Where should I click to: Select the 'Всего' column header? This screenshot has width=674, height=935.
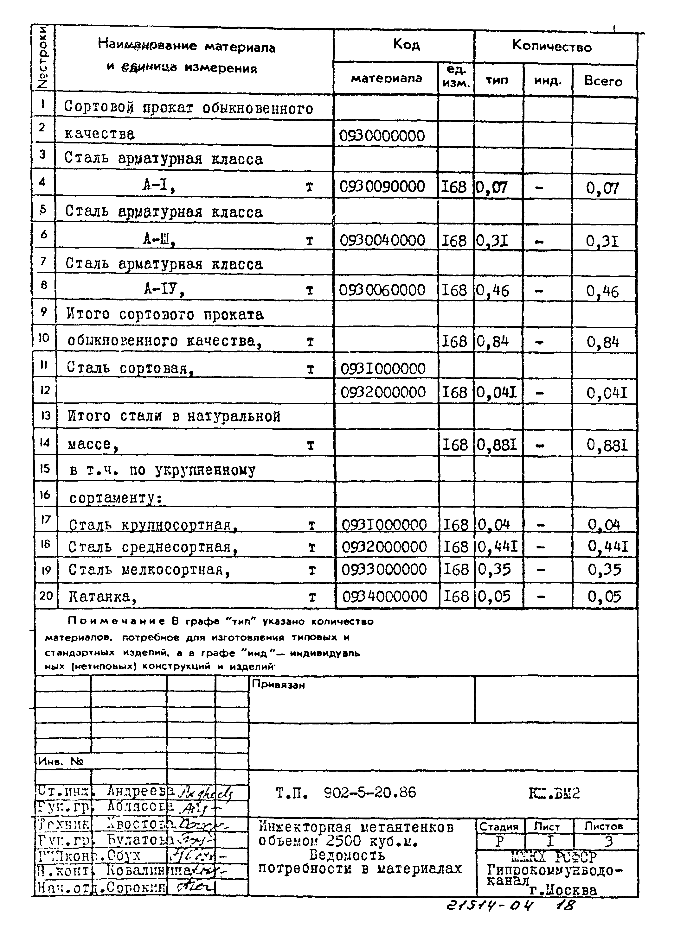pyautogui.click(x=603, y=81)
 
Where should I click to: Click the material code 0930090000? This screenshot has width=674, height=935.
pyautogui.click(x=382, y=187)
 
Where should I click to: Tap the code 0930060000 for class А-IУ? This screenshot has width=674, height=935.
pyautogui.click(x=382, y=290)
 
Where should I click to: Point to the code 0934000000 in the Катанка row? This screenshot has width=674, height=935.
pyautogui.click(x=385, y=596)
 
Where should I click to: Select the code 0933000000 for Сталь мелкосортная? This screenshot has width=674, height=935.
pyautogui.click(x=384, y=569)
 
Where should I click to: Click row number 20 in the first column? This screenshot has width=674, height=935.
pyautogui.click(x=46, y=595)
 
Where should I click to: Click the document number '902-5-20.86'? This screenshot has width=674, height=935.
pyautogui.click(x=370, y=792)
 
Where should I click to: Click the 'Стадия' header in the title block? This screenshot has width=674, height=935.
pyautogui.click(x=499, y=826)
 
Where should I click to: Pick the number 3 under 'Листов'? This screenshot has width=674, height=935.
pyautogui.click(x=608, y=841)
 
